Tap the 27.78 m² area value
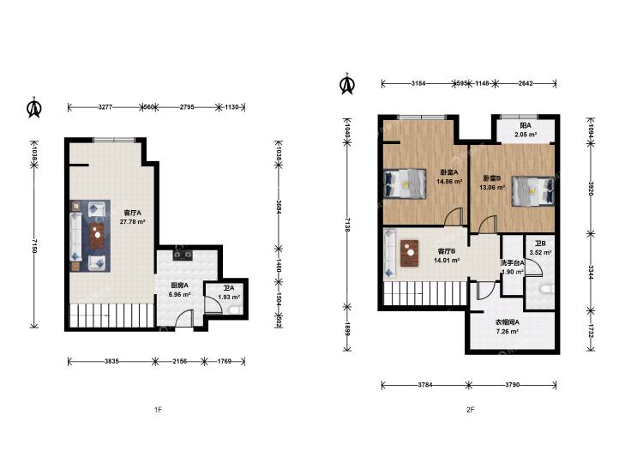[132, 222]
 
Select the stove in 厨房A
[183, 254]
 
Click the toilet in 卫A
[235, 309]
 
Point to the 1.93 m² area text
[229, 297]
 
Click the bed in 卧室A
[405, 183]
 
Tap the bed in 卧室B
[533, 191]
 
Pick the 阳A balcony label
[526, 125]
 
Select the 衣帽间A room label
[507, 322]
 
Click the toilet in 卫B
[545, 289]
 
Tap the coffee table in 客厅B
[409, 253]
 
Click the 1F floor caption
[158, 409]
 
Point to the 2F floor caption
[471, 409]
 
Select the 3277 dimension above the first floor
[105, 107]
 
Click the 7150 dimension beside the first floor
[34, 247]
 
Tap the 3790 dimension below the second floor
[512, 385]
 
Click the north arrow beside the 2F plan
[347, 84]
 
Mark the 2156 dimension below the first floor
[180, 362]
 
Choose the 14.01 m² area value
[447, 260]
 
